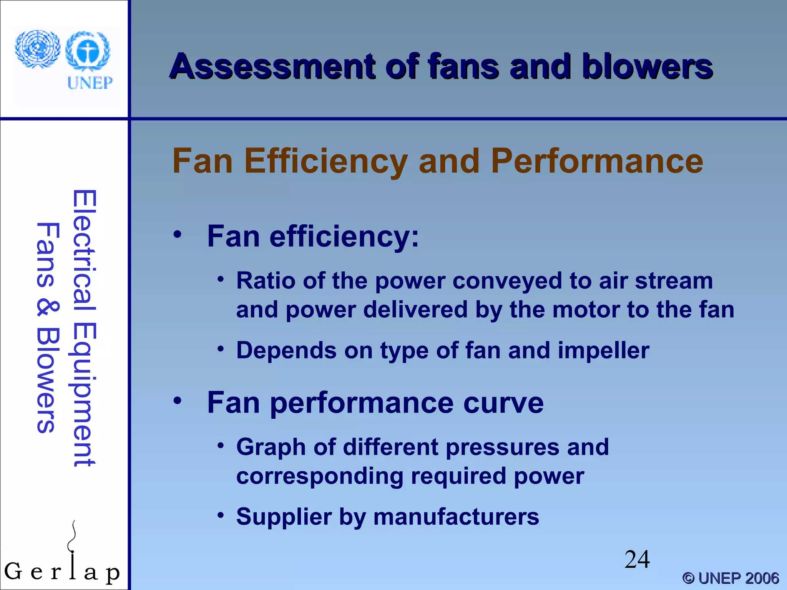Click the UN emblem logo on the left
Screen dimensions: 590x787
click(37, 49)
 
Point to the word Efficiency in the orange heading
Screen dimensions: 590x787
click(326, 161)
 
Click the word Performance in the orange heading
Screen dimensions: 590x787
click(597, 161)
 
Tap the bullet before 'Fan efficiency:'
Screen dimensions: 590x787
click(177, 234)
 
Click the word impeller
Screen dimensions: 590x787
click(603, 351)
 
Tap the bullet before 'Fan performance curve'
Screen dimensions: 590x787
click(177, 401)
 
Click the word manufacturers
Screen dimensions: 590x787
click(456, 517)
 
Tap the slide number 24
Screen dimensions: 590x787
click(637, 560)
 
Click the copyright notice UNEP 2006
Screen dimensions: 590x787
click(731, 578)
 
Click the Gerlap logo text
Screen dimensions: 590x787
click(61, 572)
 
